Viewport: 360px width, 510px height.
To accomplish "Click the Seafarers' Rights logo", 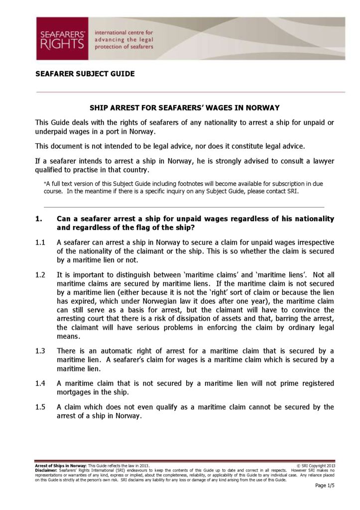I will pos(62,38).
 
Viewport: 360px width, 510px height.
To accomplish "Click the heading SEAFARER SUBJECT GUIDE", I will pos(85,74).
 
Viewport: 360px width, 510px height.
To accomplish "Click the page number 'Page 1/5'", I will pos(325,486).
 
